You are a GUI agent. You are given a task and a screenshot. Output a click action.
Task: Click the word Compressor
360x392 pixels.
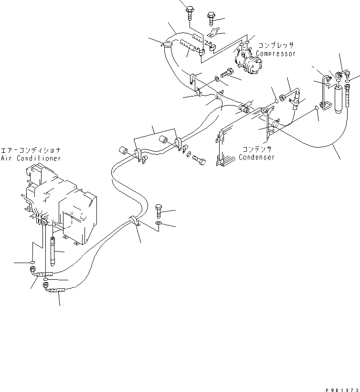pos(276,54)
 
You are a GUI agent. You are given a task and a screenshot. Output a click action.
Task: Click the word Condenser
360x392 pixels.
pos(257,158)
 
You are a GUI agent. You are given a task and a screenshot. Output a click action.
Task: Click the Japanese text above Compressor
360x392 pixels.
pos(276,46)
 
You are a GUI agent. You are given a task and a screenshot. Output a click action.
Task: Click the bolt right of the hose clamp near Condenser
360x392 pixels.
pos(200,161)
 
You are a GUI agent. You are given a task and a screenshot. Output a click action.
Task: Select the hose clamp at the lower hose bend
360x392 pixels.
pos(133,222)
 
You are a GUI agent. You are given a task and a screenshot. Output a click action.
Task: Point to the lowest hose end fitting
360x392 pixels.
pos(53,289)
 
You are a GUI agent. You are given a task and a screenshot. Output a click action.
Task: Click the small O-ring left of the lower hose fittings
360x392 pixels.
pos(32,263)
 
